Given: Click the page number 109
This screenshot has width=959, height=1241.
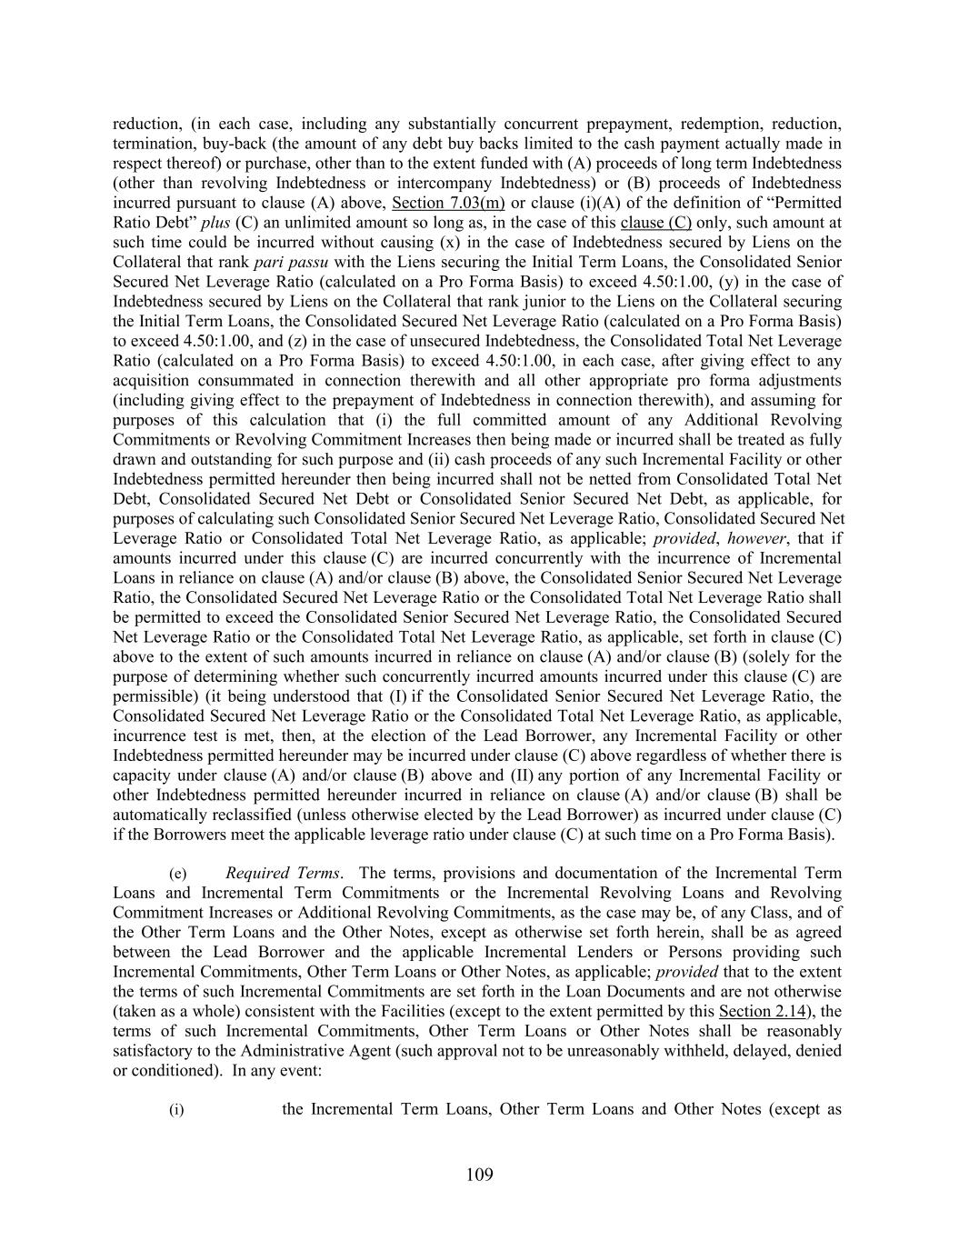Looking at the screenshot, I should click(479, 1175).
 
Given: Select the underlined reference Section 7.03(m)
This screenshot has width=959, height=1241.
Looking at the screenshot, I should click(448, 203).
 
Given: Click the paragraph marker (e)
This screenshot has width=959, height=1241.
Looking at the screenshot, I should click(178, 873).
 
